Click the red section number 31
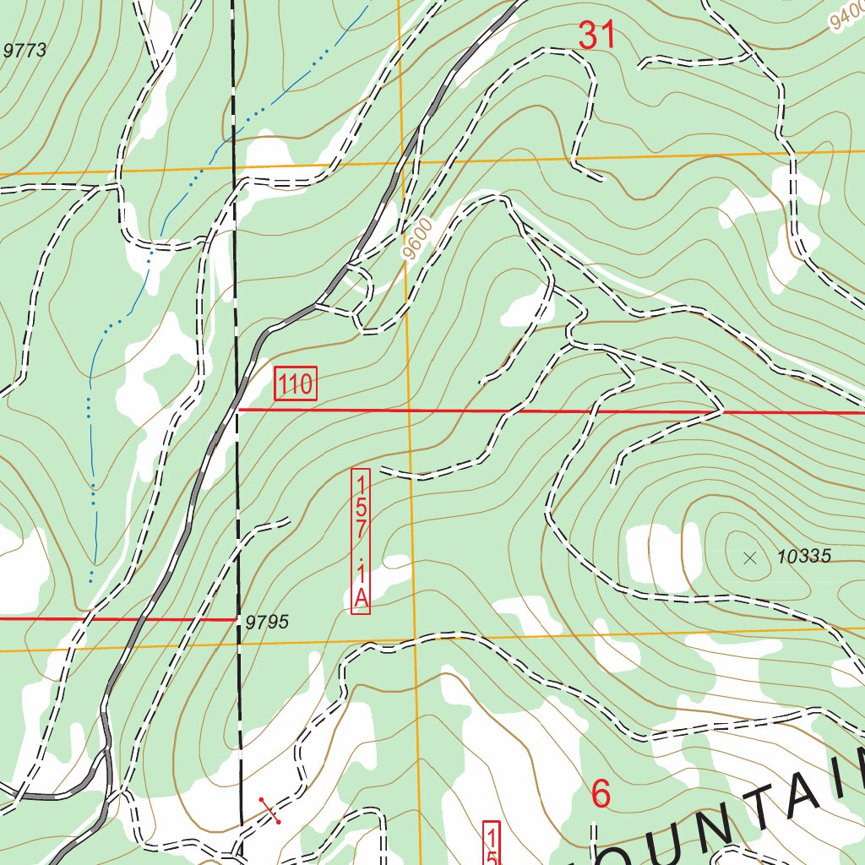pos(597,35)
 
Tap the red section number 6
pos(601,794)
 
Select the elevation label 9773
pos(24,51)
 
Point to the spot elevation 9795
pos(267,623)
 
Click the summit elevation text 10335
pos(804,557)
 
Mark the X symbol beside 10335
pos(749,557)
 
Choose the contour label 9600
pos(417,239)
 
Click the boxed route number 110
pos(296,384)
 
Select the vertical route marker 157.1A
pos(361,541)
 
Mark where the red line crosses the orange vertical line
pos(409,411)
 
